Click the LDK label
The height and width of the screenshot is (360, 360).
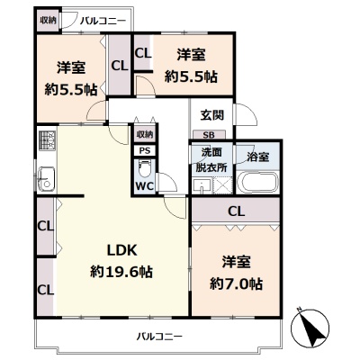click(122, 250)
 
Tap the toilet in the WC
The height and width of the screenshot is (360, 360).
click(145, 169)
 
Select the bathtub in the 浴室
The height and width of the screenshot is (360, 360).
click(257, 183)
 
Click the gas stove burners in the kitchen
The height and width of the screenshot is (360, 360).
click(48, 140)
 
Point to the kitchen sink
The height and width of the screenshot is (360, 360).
click(46, 179)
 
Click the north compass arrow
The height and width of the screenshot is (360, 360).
click(310, 328)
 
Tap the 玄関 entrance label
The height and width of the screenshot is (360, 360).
click(212, 115)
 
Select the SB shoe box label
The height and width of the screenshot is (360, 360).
click(209, 135)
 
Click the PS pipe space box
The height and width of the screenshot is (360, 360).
click(145, 151)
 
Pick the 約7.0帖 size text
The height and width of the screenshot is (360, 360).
click(237, 284)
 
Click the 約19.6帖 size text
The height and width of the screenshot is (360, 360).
click(121, 272)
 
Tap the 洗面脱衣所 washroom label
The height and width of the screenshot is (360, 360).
click(211, 160)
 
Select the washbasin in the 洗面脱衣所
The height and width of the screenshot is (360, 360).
click(202, 186)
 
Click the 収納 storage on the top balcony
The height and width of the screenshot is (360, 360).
click(49, 21)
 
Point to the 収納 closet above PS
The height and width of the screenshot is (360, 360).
click(145, 134)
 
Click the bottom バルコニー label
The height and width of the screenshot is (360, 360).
click(159, 337)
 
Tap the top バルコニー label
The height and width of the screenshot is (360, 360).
click(103, 22)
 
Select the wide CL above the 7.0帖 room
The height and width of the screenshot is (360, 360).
click(236, 211)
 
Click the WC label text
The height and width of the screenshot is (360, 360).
click(145, 186)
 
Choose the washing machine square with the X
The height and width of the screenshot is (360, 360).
click(222, 185)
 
